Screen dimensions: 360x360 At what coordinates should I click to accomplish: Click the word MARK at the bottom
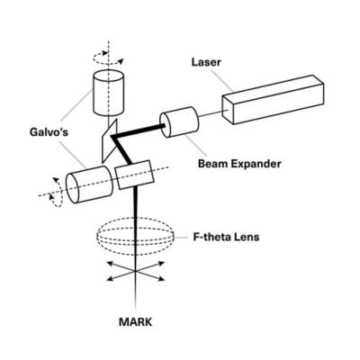pos(136,319)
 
